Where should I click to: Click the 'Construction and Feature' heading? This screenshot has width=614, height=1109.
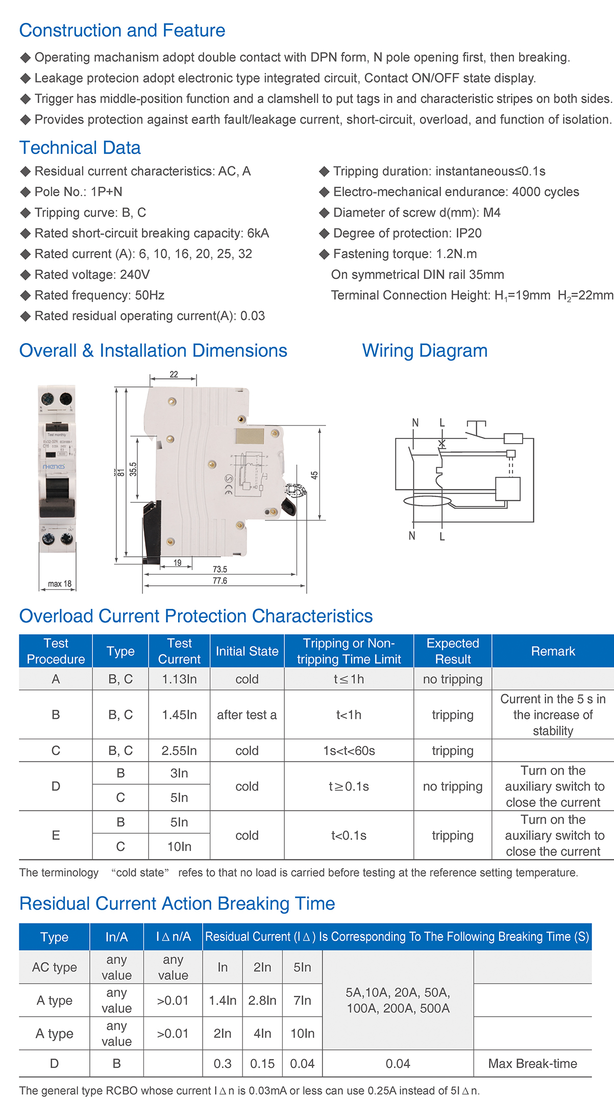click(122, 31)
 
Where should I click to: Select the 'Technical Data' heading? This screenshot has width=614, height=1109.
click(80, 148)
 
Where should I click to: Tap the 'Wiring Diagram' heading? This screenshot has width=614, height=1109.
click(425, 351)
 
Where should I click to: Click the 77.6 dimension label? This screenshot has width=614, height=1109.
click(220, 581)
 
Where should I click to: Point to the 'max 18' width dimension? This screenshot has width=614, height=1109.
click(60, 584)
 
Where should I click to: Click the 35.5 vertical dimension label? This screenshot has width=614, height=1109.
click(133, 469)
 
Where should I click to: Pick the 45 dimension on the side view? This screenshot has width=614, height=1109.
click(314, 475)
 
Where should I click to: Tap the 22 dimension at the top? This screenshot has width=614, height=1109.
click(174, 374)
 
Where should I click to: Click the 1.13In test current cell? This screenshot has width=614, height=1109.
click(179, 679)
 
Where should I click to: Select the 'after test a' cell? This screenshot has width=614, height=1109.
click(247, 715)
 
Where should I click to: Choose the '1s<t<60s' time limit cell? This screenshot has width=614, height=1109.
click(349, 751)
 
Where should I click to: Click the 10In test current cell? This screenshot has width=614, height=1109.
click(179, 846)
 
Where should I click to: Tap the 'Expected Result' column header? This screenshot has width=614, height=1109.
click(453, 651)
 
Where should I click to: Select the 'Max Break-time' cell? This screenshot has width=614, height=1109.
click(532, 1064)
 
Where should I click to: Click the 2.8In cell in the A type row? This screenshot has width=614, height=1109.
click(262, 1000)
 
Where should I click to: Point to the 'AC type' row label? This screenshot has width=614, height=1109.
click(55, 967)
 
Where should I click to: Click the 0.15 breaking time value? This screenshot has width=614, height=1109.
click(262, 1064)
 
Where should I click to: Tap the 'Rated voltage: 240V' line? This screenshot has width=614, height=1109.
click(92, 275)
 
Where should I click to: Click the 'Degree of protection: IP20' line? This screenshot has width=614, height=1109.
click(407, 234)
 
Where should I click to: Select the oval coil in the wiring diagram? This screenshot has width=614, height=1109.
click(428, 501)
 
